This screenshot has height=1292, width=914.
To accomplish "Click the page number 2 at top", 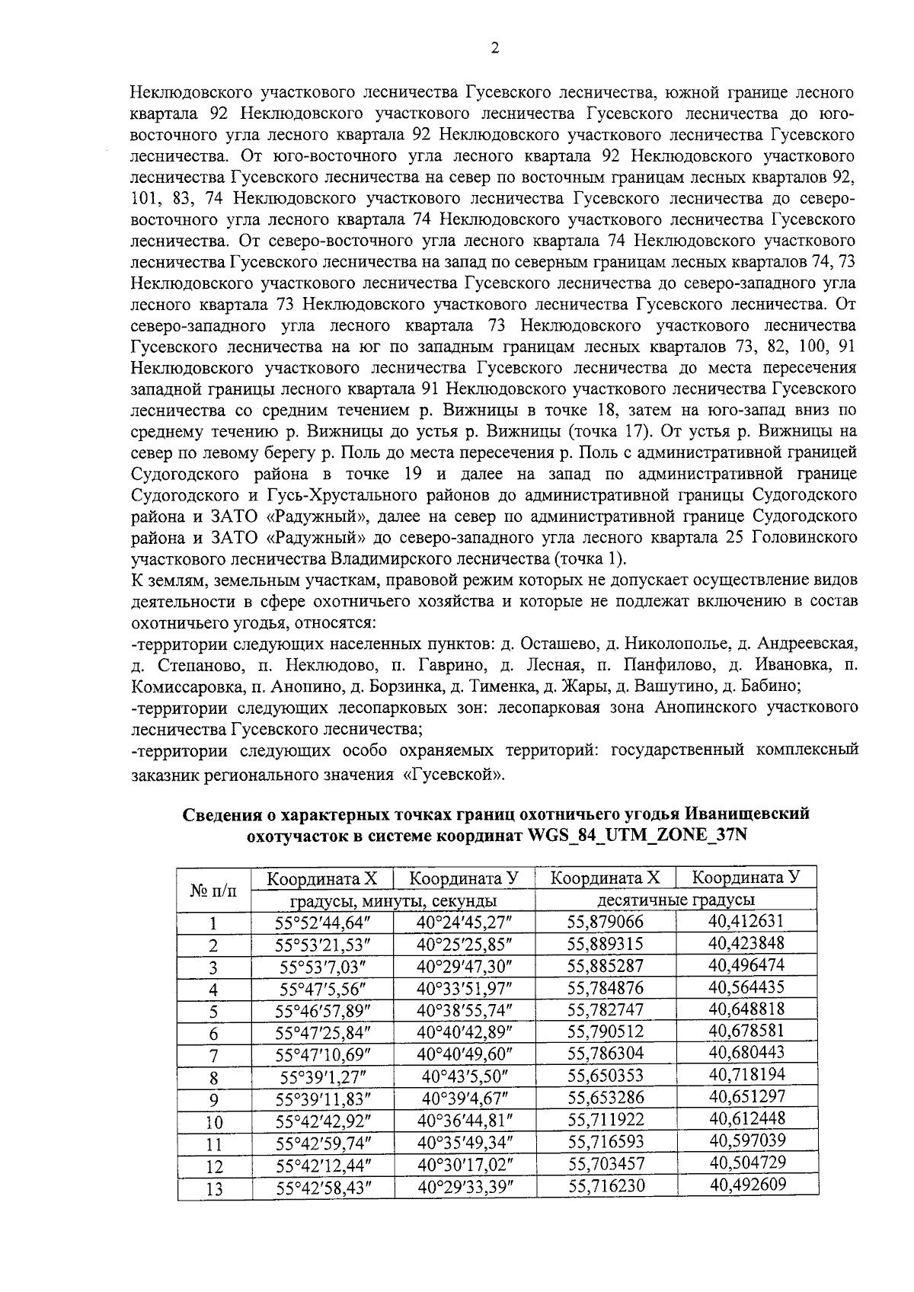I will click(x=495, y=49).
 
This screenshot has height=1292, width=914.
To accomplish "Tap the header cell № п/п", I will click(x=213, y=890).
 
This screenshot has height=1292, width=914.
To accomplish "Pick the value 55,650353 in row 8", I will click(x=606, y=1076).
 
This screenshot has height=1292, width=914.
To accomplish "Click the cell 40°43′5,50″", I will click(x=464, y=1077).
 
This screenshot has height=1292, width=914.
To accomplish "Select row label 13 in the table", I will click(x=214, y=1188).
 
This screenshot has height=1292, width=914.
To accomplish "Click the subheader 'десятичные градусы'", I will click(x=675, y=900).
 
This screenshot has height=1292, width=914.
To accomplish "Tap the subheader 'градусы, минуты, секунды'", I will click(x=393, y=900).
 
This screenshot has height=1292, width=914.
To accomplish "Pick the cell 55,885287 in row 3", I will click(x=606, y=967).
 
